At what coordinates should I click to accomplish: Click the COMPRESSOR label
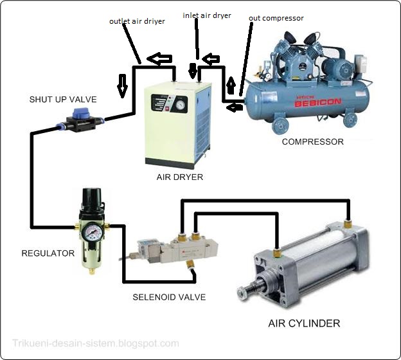tap(313, 141)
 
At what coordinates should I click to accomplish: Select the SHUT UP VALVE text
tap(63, 100)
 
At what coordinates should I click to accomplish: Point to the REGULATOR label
tap(48, 253)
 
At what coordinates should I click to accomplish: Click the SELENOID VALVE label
tap(169, 297)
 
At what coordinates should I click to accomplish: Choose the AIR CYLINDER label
tap(304, 323)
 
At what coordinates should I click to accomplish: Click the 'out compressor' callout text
tap(276, 18)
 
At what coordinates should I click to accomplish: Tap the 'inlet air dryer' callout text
tap(208, 14)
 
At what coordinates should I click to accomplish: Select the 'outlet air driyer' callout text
tap(137, 21)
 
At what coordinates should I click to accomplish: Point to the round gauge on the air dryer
tap(181, 102)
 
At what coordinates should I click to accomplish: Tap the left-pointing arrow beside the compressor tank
tap(235, 107)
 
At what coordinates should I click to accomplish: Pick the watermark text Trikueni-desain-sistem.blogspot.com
tap(96, 343)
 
